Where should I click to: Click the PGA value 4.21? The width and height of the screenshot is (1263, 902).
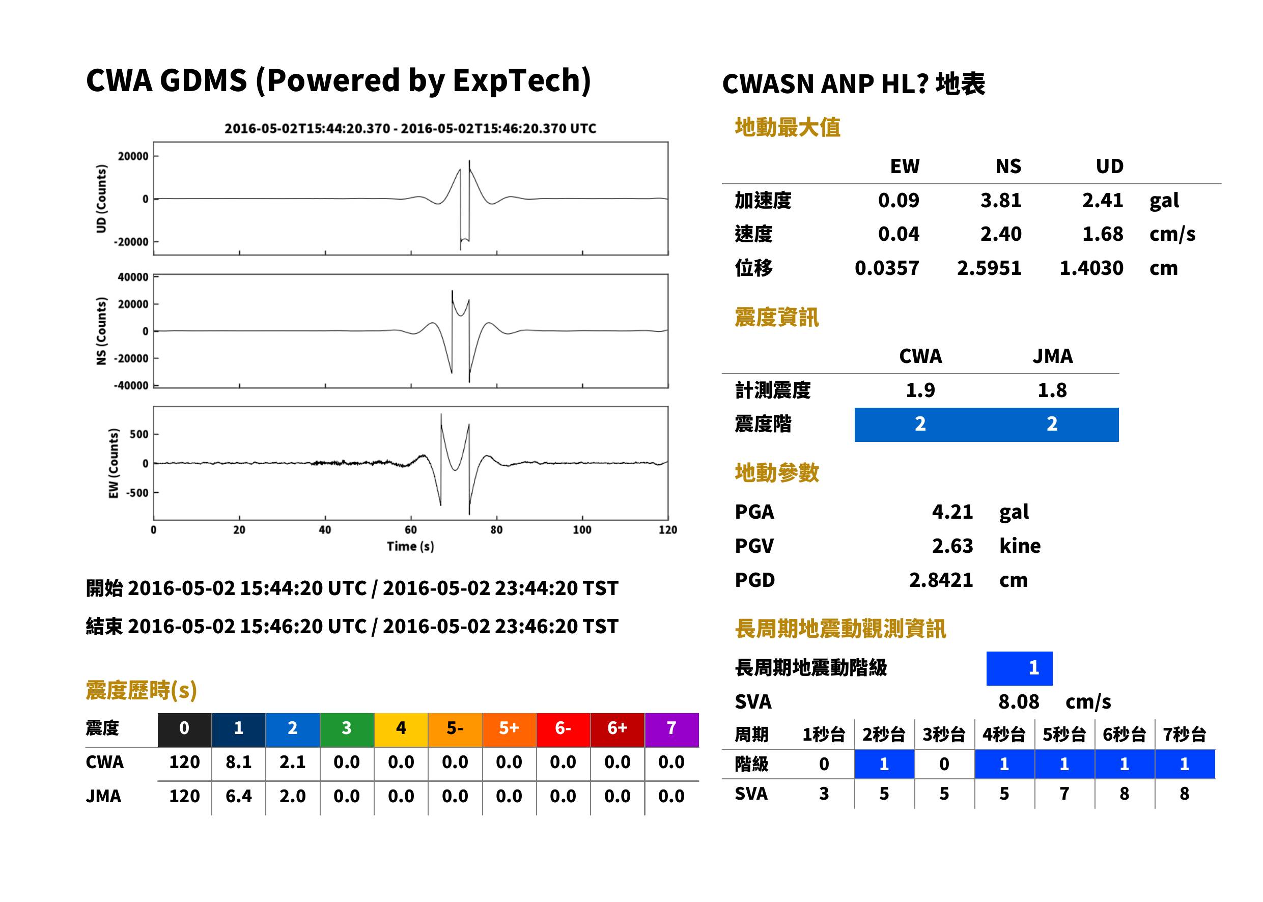(x=952, y=512)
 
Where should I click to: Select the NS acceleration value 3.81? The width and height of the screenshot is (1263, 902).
(x=1000, y=200)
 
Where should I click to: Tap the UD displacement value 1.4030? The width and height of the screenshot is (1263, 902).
(x=1091, y=268)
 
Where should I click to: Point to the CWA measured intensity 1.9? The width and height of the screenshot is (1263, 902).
(x=920, y=390)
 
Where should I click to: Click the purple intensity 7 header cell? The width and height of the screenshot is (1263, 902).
(x=671, y=728)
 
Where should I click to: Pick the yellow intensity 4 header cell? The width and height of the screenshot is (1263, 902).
(x=401, y=728)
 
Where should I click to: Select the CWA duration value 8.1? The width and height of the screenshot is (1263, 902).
(x=238, y=762)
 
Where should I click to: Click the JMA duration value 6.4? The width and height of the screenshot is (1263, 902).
(x=238, y=796)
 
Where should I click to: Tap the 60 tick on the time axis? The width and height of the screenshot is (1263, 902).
(x=410, y=530)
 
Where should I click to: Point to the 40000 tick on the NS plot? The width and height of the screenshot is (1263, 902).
(x=133, y=277)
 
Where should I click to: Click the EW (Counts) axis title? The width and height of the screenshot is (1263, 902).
(x=114, y=463)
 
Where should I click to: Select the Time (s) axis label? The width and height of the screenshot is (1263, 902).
(x=410, y=547)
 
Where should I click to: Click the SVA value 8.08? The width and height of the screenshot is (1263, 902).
(x=1018, y=701)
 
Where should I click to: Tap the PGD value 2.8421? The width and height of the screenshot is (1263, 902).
(x=941, y=580)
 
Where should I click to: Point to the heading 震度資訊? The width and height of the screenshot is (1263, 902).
(x=776, y=317)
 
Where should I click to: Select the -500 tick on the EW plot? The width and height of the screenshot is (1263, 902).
(x=136, y=493)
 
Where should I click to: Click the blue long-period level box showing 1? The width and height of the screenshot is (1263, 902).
(x=1019, y=668)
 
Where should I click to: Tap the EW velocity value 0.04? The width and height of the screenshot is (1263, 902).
(x=898, y=234)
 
